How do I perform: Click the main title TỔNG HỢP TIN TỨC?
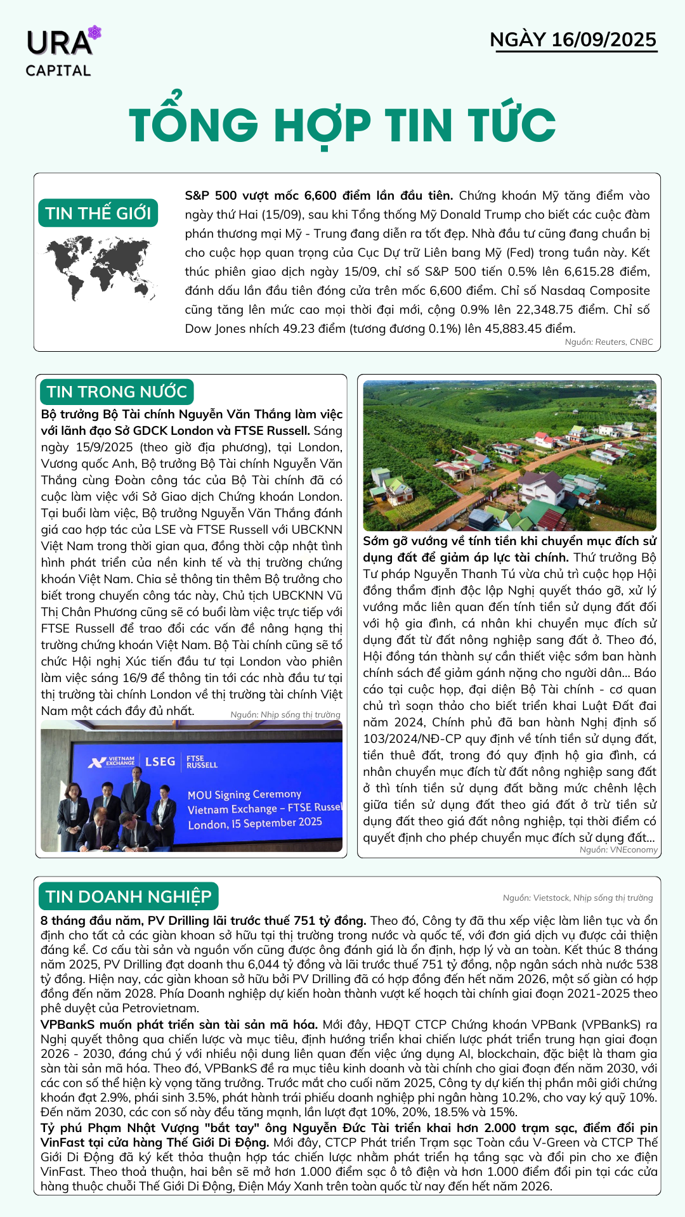point(342,125)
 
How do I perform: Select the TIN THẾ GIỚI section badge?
point(98,213)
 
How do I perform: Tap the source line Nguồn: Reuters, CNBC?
point(608,342)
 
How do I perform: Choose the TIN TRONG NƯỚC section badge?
point(117,392)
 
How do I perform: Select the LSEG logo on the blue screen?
point(160,761)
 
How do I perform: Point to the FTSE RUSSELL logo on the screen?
point(202,762)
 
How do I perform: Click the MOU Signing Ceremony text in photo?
point(244,795)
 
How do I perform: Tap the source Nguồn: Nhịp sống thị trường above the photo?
point(285,714)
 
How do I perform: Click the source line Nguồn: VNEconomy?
point(618,849)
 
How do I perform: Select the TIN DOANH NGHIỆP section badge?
point(128,896)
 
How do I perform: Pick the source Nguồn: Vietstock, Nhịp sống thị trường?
point(577,898)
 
